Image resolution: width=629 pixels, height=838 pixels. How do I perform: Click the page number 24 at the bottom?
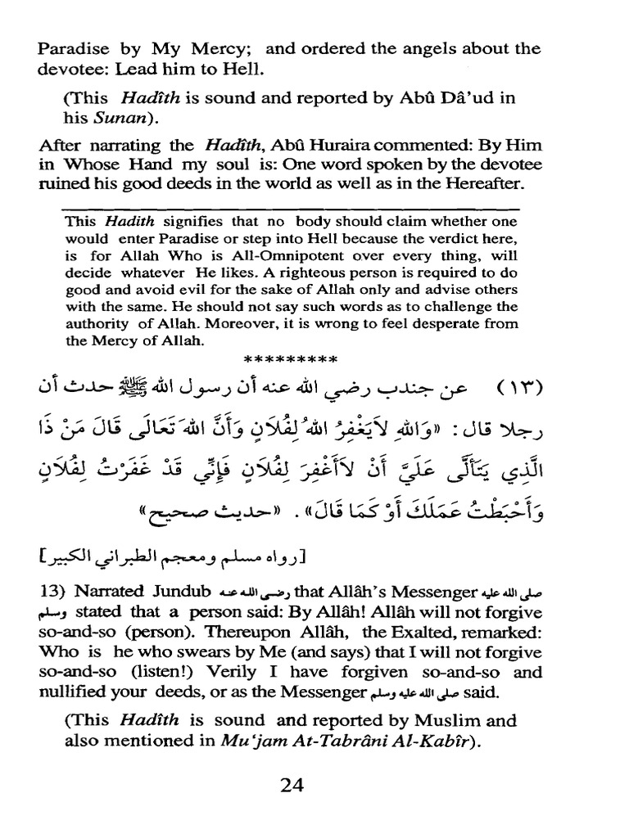[x=292, y=785]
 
